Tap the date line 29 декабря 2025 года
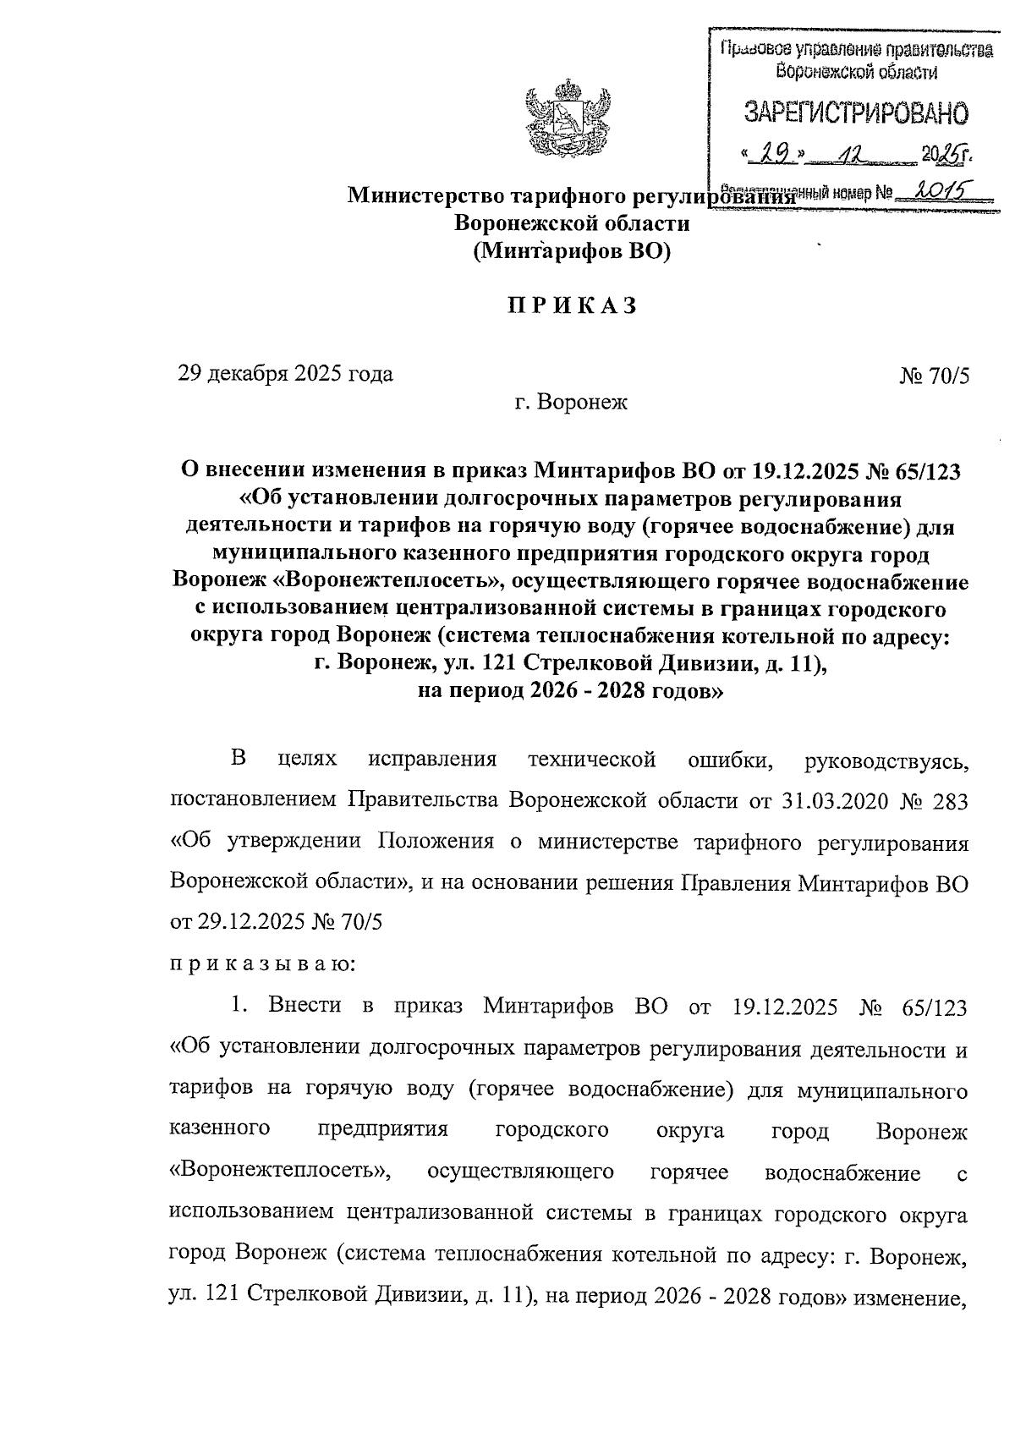pyautogui.click(x=285, y=373)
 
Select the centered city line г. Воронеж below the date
pyautogui.click(x=572, y=403)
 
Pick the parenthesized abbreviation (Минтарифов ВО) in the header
pyautogui.click(x=572, y=250)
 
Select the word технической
pyautogui.click(x=592, y=759)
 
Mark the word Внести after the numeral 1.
pyautogui.click(x=304, y=1005)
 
